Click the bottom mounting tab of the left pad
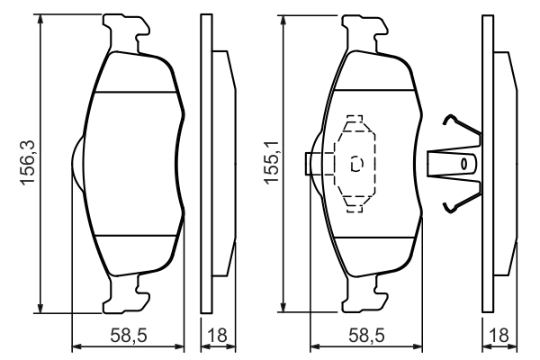126,293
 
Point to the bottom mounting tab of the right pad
365,292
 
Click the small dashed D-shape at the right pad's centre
356,164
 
